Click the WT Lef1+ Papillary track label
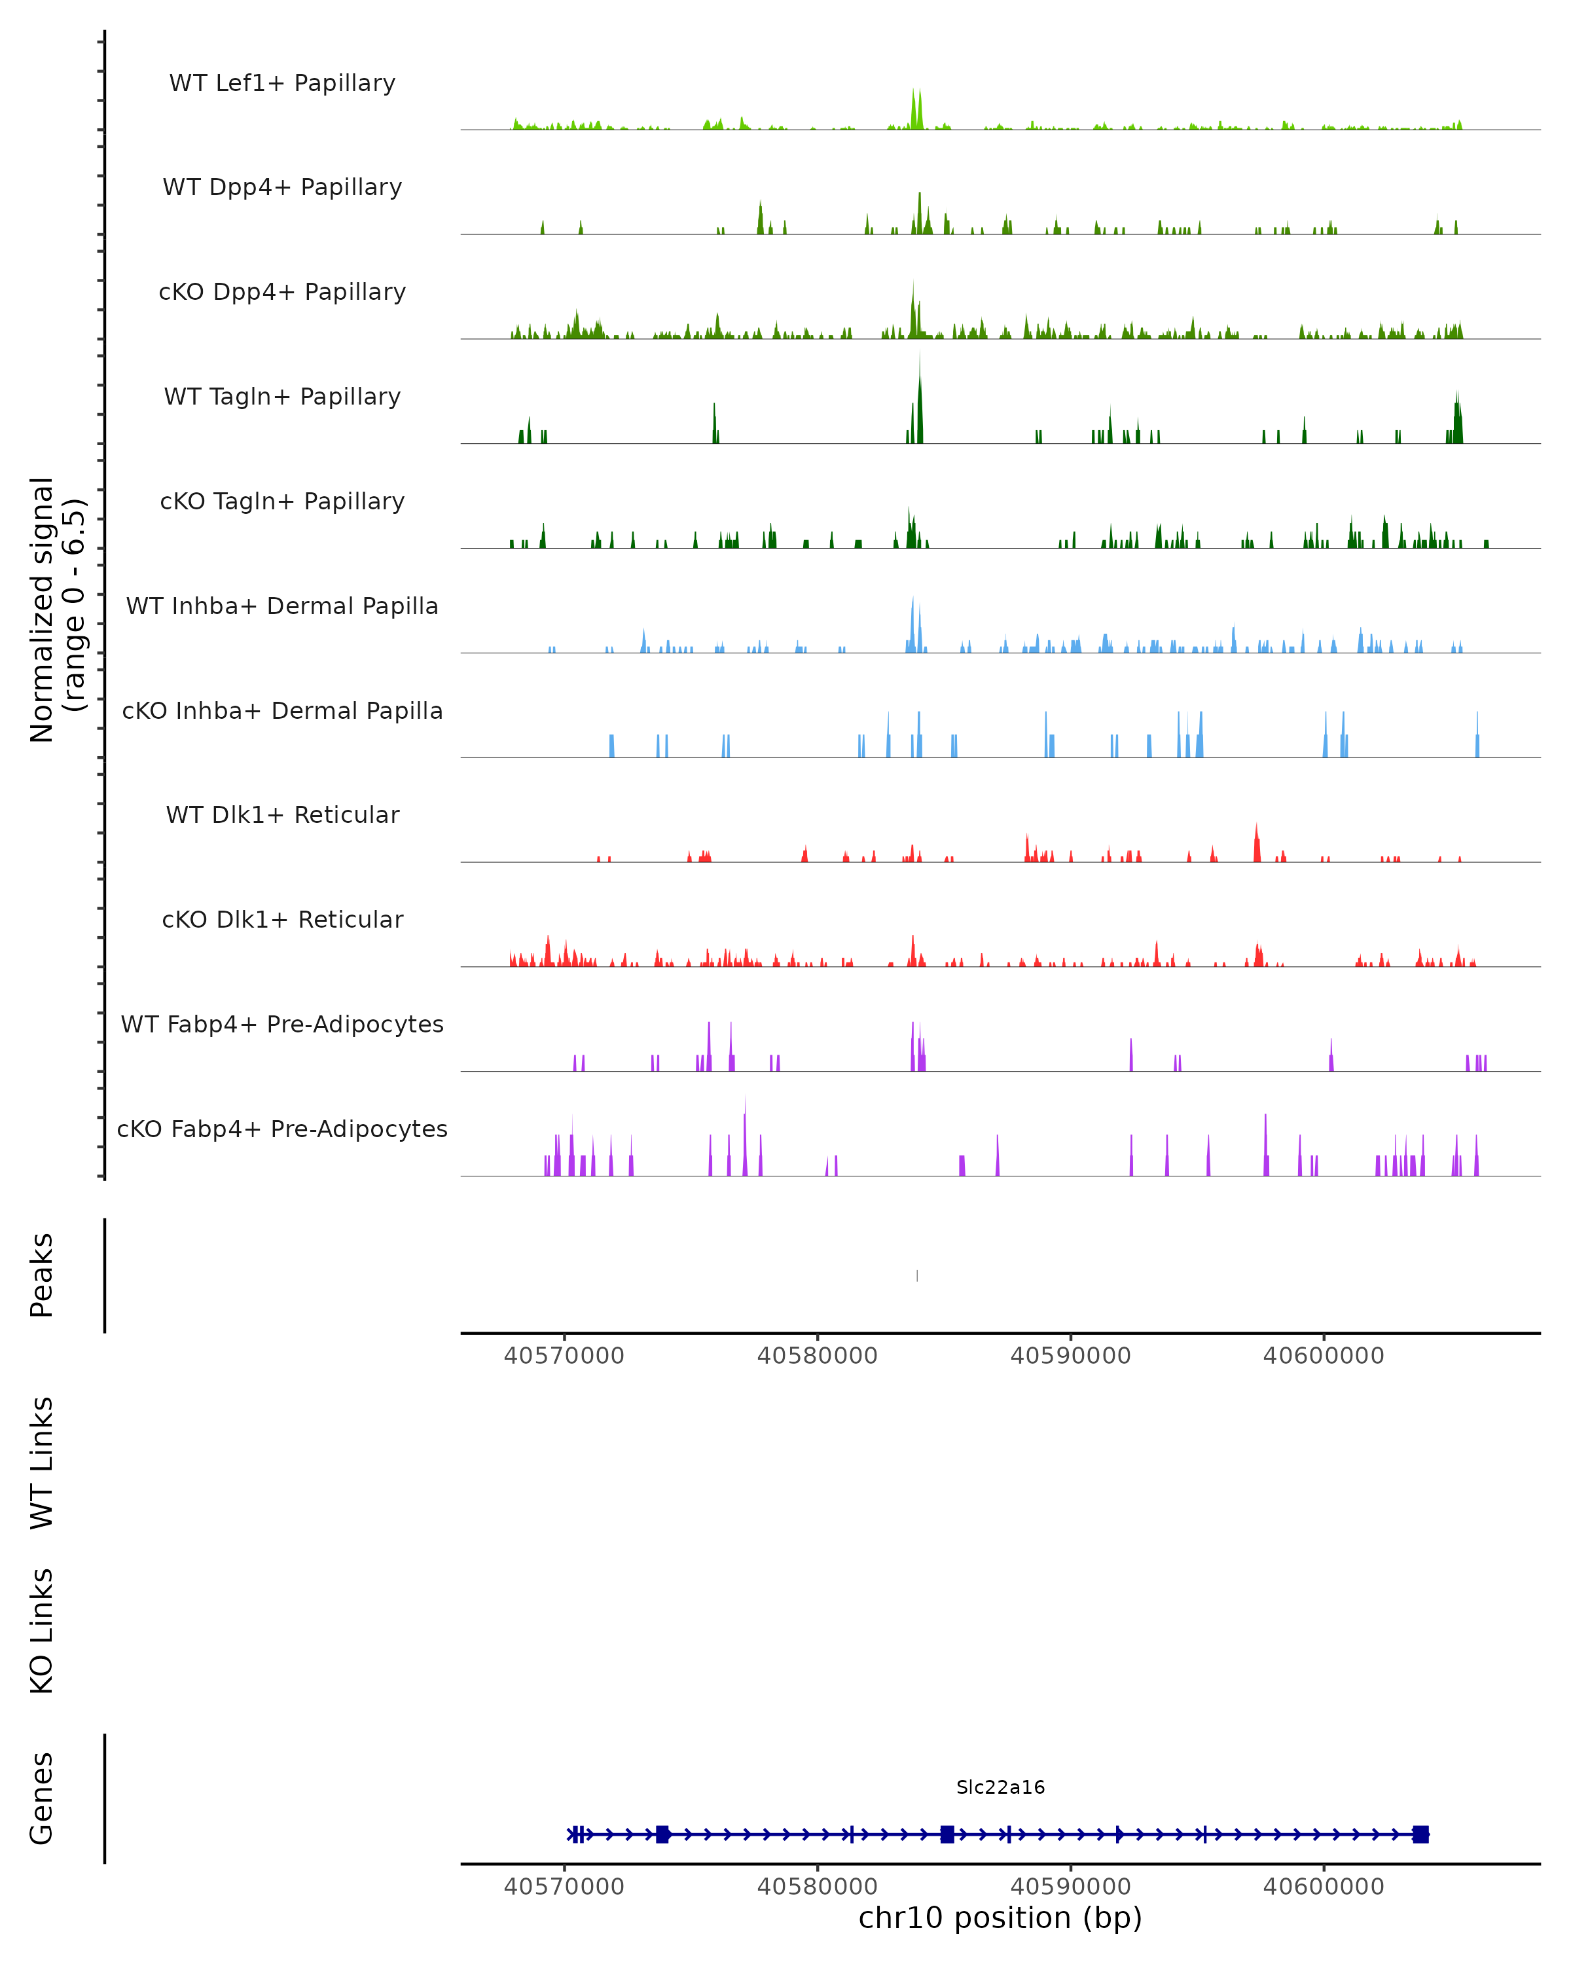tap(282, 83)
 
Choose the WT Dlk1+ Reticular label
tap(282, 814)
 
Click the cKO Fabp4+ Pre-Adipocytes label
tap(282, 1129)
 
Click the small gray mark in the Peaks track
tap(917, 1275)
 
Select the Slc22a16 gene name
tap(1000, 1787)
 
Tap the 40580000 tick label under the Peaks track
tap(817, 1356)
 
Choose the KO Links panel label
tap(42, 1631)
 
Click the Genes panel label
tap(42, 1798)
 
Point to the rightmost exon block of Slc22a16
tap(1420, 1834)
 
